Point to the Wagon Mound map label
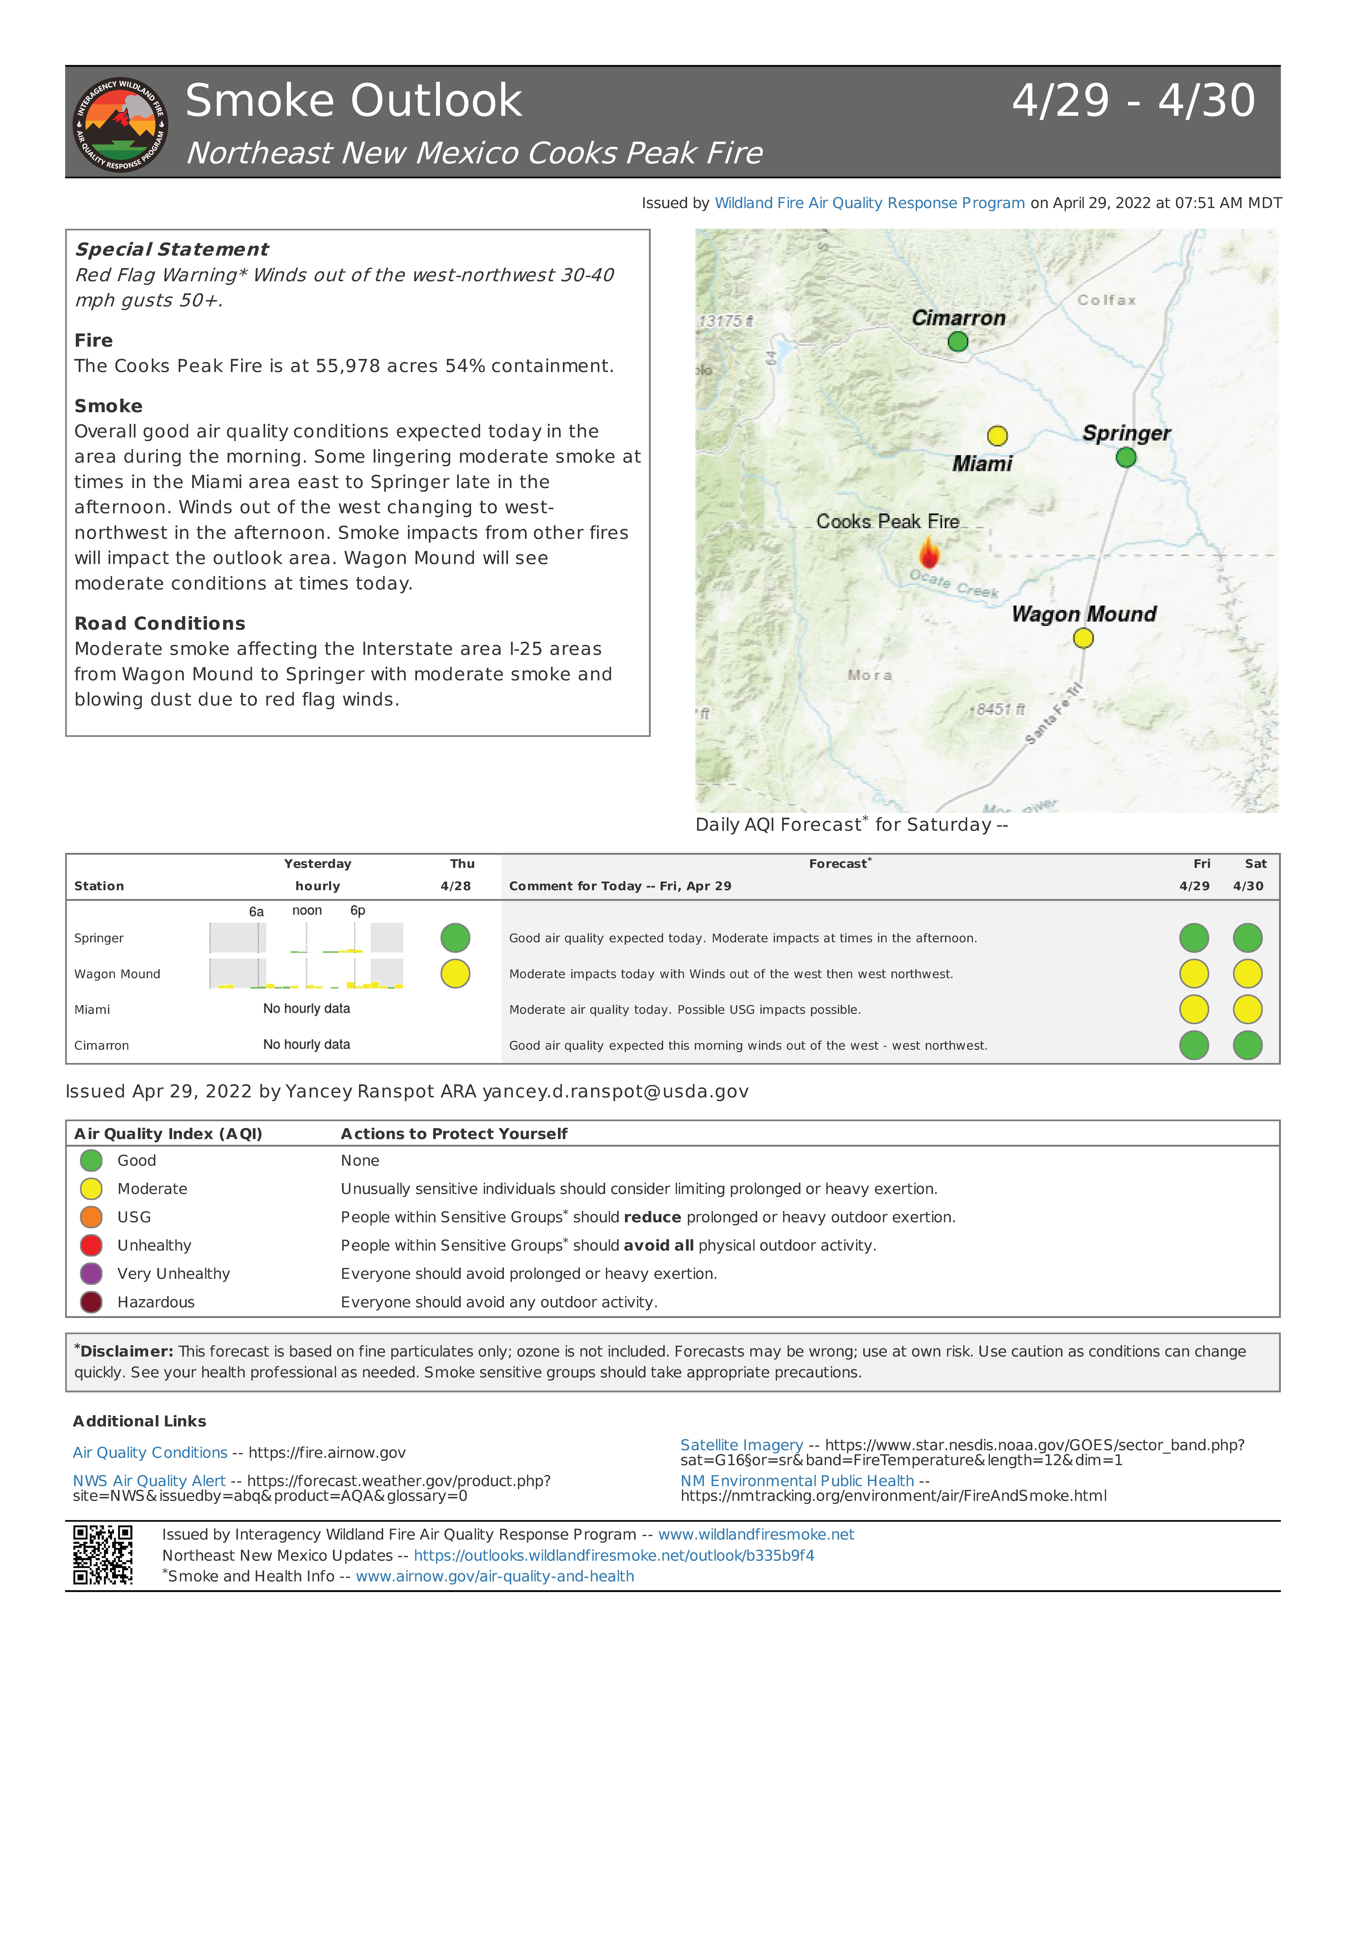pyautogui.click(x=1084, y=614)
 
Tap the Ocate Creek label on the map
pyautogui.click(x=953, y=584)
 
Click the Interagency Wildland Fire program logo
pyautogui.click(x=120, y=124)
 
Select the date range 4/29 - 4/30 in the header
pyautogui.click(x=1133, y=101)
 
